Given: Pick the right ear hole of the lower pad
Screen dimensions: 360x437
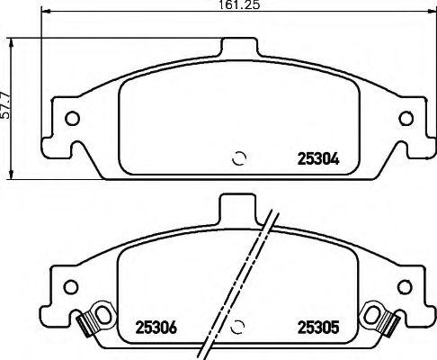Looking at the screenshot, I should click(403, 286).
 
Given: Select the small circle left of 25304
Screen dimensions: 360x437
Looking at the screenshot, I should click(239, 158).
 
